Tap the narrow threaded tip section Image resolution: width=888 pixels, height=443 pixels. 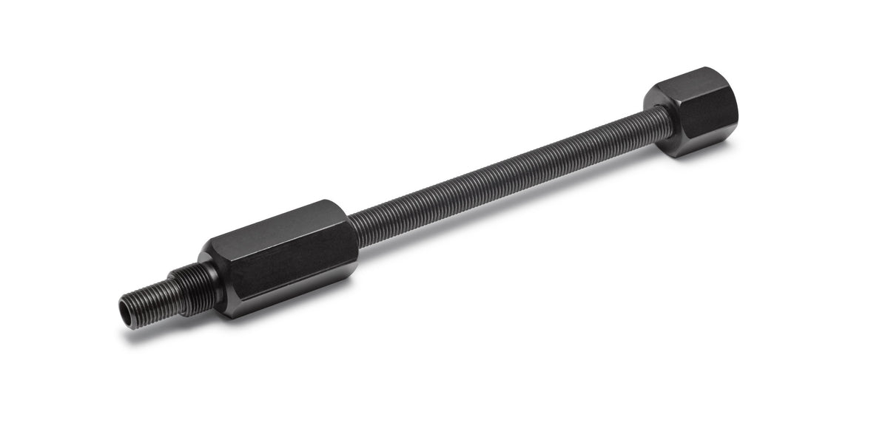click(148, 296)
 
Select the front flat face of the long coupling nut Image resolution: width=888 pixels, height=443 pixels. click(285, 251)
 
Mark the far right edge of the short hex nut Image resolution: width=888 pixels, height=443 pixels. click(737, 111)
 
